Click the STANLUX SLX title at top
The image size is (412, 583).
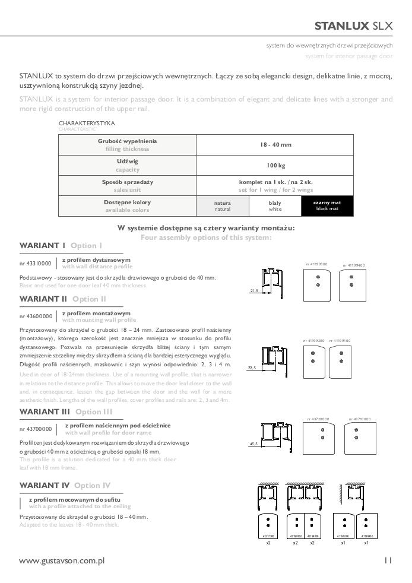tap(353, 26)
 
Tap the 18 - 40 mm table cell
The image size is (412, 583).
tap(275, 145)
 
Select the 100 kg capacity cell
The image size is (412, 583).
tap(275, 165)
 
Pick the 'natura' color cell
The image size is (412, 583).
tap(222, 205)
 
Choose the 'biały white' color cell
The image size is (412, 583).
tap(275, 205)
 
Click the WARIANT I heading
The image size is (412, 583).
tap(43, 245)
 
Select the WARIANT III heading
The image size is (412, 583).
tap(45, 411)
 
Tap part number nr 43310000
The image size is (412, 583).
tap(36, 263)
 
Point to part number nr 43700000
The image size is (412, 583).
tap(36, 429)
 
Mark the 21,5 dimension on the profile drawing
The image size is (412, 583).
tap(254, 291)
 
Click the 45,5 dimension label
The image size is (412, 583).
tap(253, 443)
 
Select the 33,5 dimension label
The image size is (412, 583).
tap(252, 368)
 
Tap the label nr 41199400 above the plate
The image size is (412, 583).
tap(354, 265)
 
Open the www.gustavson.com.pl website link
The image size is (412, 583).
tap(62, 560)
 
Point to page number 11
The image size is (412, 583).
tap(388, 560)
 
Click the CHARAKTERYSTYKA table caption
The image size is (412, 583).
tap(87, 123)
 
